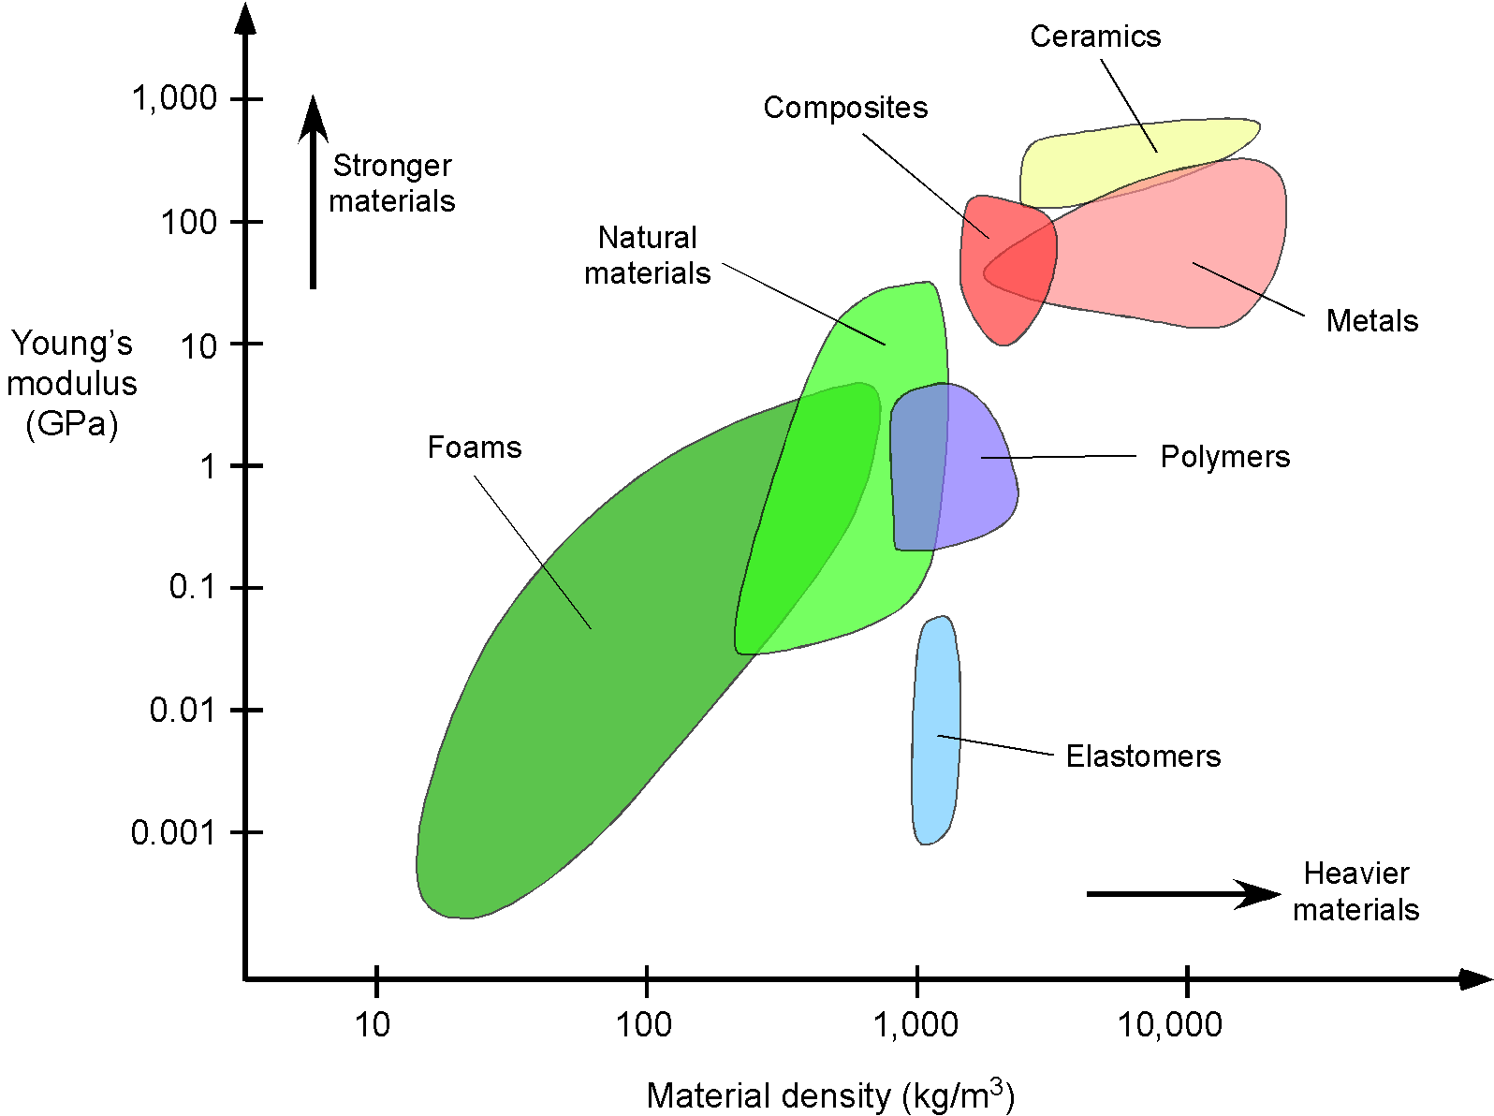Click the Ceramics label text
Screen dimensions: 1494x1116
pyautogui.click(x=1095, y=37)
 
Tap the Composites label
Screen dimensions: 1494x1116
pyautogui.click(x=845, y=109)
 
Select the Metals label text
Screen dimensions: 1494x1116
pyautogui.click(x=1372, y=321)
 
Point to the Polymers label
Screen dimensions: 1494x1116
pyautogui.click(x=1225, y=457)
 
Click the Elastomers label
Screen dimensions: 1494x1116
pyautogui.click(x=1144, y=756)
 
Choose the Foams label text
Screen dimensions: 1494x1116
pyautogui.click(x=475, y=448)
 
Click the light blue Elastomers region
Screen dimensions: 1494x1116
pyautogui.click(x=936, y=730)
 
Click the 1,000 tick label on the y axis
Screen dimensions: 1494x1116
pyautogui.click(x=174, y=98)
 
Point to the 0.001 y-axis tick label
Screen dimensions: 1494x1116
pyautogui.click(x=173, y=832)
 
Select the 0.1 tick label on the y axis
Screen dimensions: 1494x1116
pyautogui.click(x=192, y=587)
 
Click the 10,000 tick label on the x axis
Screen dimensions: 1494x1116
pyautogui.click(x=1170, y=1025)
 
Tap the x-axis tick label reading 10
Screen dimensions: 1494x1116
pyautogui.click(x=373, y=1025)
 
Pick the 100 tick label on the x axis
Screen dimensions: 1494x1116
pyautogui.click(x=644, y=1025)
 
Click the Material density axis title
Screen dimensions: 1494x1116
pyautogui.click(x=830, y=1094)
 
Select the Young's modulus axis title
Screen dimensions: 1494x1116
pyautogui.click(x=72, y=384)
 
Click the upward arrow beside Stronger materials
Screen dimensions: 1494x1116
pyautogui.click(x=313, y=192)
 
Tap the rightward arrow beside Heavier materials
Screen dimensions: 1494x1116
pyautogui.click(x=1183, y=894)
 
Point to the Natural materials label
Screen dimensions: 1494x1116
pyautogui.click(x=647, y=256)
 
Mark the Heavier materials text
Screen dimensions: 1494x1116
pyautogui.click(x=1355, y=892)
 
